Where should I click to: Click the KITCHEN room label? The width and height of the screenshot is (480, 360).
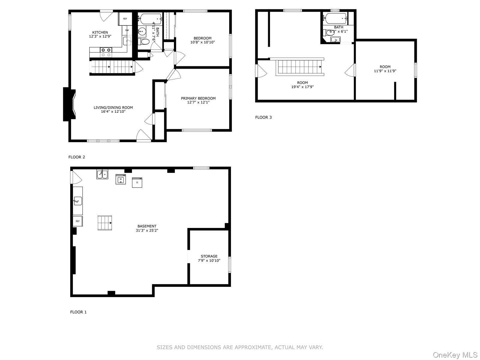100,32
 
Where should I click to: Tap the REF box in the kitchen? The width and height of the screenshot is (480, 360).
125,19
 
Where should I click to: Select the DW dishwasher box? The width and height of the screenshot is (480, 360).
127,30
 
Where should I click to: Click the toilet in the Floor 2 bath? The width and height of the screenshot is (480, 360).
144,41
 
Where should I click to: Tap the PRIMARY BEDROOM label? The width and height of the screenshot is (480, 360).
198,98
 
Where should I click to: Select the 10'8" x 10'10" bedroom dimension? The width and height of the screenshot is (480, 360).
202,42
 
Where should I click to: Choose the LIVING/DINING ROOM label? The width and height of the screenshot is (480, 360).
113,107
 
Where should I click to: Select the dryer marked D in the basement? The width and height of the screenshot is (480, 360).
137,182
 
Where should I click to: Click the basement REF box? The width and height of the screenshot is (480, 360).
78,221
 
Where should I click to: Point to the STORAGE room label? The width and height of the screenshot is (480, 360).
209,256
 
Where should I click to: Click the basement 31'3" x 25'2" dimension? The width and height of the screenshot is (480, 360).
147,231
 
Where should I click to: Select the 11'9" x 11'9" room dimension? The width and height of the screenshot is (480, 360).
385,71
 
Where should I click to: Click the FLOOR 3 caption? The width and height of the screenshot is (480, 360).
263,117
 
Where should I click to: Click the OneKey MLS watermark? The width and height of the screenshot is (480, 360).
455,355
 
